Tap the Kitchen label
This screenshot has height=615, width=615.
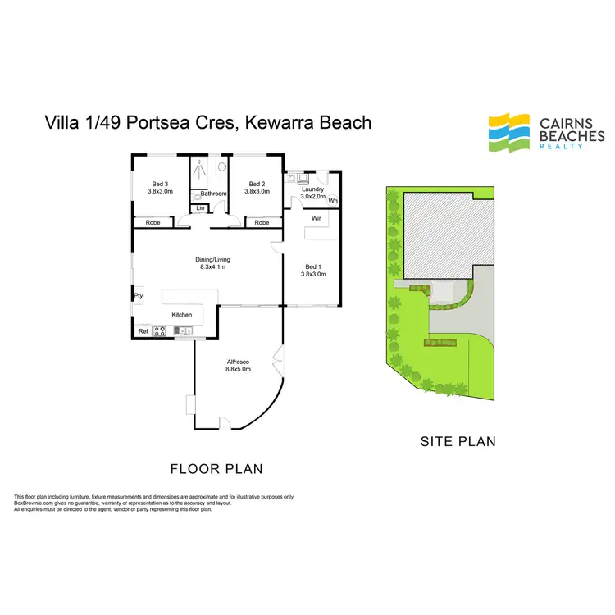[181, 315]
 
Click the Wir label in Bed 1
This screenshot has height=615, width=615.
[316, 218]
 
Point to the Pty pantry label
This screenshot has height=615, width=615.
[139, 296]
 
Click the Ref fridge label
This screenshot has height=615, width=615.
[143, 331]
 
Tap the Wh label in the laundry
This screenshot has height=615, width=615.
[333, 201]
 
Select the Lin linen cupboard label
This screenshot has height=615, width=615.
[199, 208]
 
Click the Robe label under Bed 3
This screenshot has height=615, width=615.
[153, 222]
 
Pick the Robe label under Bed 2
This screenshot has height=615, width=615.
[261, 222]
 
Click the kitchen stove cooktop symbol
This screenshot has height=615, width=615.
[161, 331]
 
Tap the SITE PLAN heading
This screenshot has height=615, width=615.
[458, 441]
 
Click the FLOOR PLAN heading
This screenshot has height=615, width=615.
[216, 469]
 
